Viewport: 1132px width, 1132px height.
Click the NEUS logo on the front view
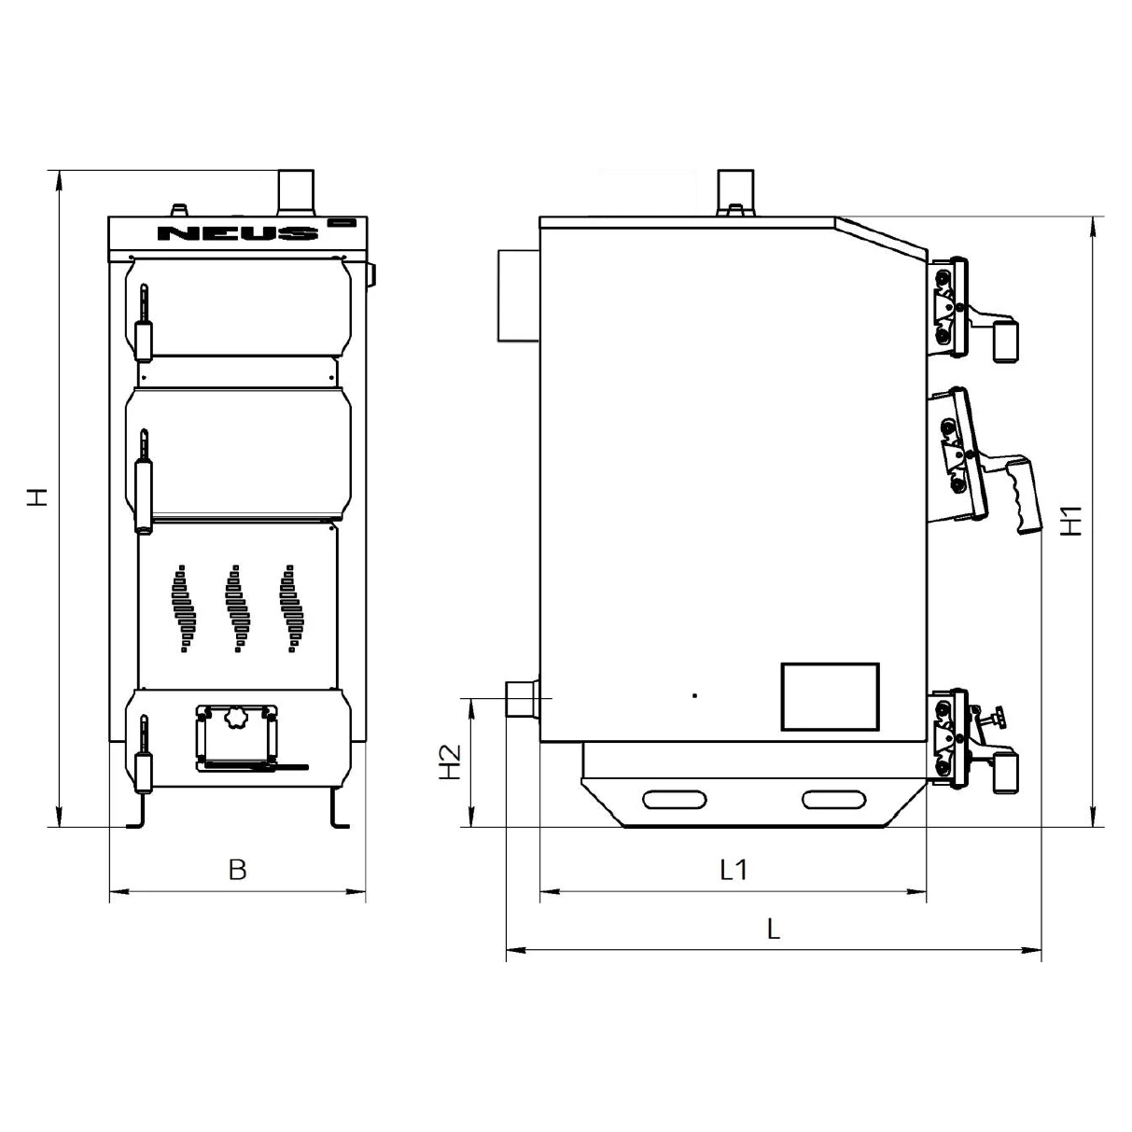click(238, 233)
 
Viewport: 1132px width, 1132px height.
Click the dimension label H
click(38, 497)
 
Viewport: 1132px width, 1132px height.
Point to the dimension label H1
click(1072, 520)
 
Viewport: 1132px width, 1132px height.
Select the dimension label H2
click(451, 762)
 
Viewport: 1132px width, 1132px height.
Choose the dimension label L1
click(734, 870)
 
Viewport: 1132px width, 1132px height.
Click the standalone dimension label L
click(774, 929)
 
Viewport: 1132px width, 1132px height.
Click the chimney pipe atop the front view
click(296, 193)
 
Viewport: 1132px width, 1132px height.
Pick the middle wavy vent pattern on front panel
click(238, 608)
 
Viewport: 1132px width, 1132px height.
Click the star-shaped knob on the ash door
click(237, 718)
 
